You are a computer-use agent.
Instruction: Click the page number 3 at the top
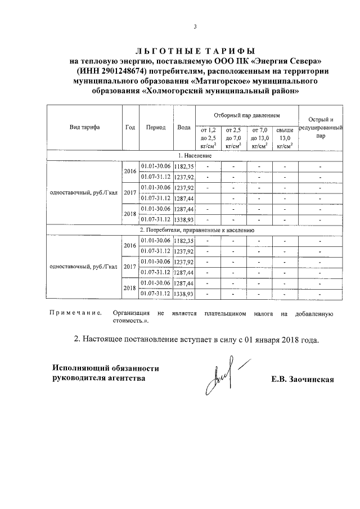pos(195,26)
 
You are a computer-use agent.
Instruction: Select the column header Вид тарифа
pos(84,127)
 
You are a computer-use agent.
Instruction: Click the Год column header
pos(129,127)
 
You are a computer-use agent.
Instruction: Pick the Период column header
pos(155,127)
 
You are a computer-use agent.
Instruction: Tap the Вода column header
pos(183,127)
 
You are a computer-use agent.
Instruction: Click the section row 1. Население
pos(195,155)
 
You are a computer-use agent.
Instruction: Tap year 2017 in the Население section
pos(130,193)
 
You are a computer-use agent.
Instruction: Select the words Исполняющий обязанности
pos(105,368)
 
